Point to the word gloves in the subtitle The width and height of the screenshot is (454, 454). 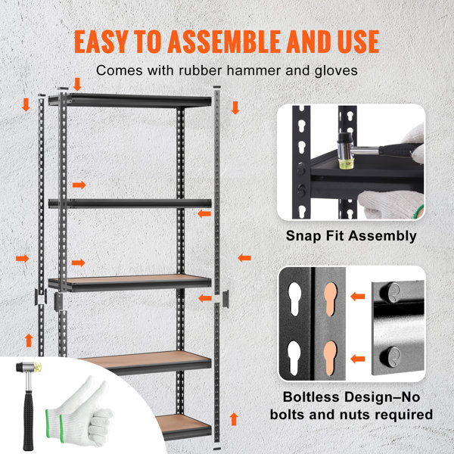pos(337,72)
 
